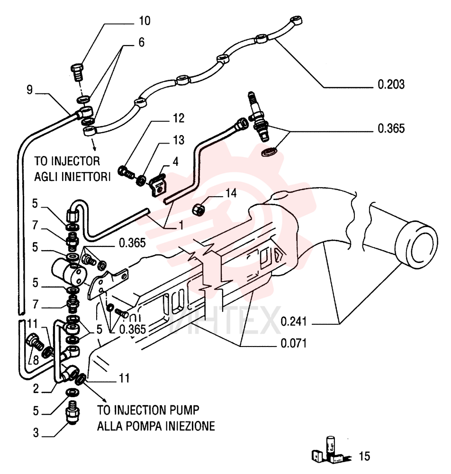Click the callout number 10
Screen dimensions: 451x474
(144, 21)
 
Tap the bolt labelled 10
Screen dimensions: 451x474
(78, 72)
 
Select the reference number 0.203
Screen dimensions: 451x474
(391, 84)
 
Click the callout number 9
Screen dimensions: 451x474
(29, 90)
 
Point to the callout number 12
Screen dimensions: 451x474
(178, 118)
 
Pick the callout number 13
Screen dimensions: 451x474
(179, 140)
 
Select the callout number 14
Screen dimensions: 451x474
(231, 193)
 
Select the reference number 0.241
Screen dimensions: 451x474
(294, 321)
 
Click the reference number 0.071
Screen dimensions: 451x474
(294, 343)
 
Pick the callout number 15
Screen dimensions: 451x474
(364, 456)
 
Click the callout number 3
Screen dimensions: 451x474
(36, 433)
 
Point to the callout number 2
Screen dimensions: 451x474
(36, 389)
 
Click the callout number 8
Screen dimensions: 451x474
(36, 360)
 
